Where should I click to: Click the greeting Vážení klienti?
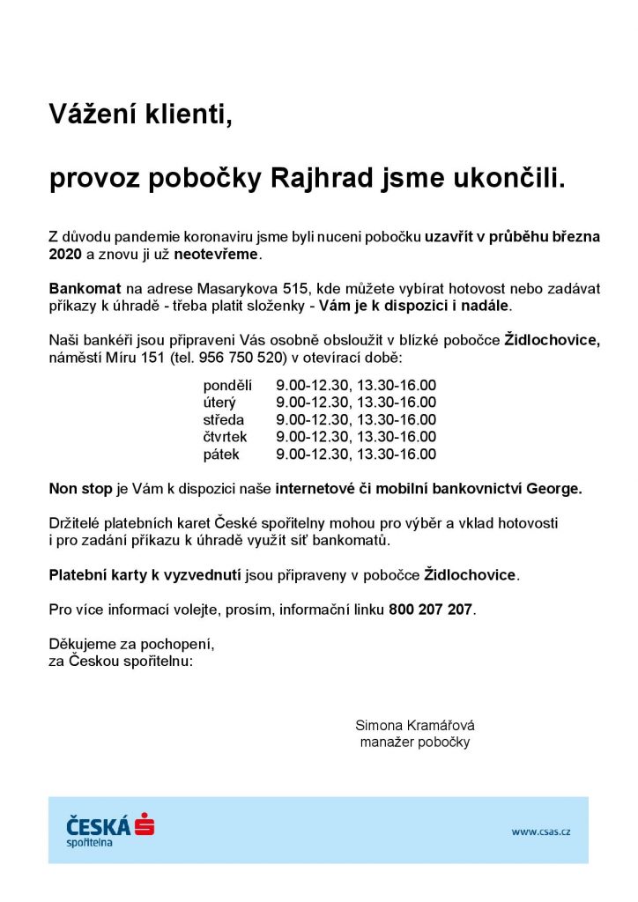(141, 114)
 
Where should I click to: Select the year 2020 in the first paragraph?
(65, 254)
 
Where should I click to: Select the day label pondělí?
(227, 386)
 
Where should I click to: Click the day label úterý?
(220, 403)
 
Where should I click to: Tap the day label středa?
(224, 420)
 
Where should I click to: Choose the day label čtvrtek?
(226, 437)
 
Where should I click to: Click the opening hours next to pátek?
(356, 455)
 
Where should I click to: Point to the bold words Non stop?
(81, 489)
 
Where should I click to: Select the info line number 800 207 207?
(430, 610)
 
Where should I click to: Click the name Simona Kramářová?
(415, 726)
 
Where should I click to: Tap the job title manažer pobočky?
(415, 743)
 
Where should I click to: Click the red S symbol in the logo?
(145, 825)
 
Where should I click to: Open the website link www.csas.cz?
(540, 831)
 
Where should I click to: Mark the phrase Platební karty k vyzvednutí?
(145, 575)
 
